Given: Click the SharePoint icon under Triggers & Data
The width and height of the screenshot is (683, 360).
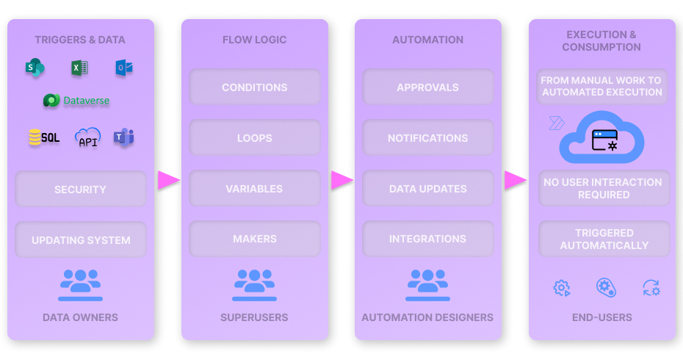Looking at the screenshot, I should tap(35, 68).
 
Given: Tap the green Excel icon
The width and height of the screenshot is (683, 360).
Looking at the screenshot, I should tap(79, 68).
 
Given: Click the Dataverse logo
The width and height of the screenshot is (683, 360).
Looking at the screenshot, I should tap(76, 101).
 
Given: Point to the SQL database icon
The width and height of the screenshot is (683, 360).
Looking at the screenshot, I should tap(44, 137).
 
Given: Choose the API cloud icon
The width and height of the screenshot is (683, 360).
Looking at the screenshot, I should tap(88, 137).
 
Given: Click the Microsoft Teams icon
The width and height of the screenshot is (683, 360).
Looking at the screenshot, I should tap(123, 137).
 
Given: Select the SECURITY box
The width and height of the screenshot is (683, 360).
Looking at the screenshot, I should tap(80, 190).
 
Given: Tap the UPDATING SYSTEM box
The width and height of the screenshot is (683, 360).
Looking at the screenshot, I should tap(80, 240).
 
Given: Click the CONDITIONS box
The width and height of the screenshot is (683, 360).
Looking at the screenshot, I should tap(254, 87).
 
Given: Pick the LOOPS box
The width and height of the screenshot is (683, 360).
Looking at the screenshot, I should tap(254, 138).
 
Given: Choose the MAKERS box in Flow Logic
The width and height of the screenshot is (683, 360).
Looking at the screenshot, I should tap(254, 239).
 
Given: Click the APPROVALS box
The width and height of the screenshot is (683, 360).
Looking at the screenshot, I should tap(427, 87).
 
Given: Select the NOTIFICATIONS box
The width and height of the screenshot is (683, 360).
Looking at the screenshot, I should tap(427, 138).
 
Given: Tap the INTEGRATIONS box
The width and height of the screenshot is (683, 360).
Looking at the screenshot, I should tap(427, 239).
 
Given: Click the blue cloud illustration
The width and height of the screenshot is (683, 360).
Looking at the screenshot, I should tap(602, 137).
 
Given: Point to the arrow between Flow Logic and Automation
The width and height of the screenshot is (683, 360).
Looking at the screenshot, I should tap(341, 180).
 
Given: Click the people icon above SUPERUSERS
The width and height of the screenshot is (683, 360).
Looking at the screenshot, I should tap(254, 284).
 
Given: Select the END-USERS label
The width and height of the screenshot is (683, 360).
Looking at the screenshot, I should tap(601, 317).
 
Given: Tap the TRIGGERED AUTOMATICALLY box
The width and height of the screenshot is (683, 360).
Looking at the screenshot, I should tap(604, 239).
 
